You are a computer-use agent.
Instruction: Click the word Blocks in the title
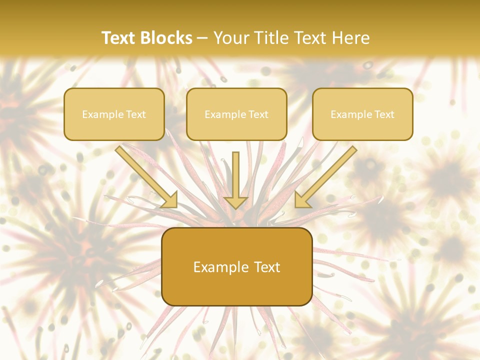pyautogui.click(x=167, y=38)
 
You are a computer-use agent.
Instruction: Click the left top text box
pyautogui.click(x=114, y=114)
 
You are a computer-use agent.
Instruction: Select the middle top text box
pyautogui.click(x=236, y=114)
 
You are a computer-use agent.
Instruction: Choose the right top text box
pyautogui.click(x=362, y=114)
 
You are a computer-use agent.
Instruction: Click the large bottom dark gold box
pyautogui.click(x=236, y=266)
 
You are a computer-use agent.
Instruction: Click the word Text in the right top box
pyautogui.click(x=384, y=114)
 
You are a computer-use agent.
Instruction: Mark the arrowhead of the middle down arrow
pyautogui.click(x=236, y=202)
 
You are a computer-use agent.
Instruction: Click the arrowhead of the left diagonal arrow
pyautogui.click(x=170, y=200)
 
